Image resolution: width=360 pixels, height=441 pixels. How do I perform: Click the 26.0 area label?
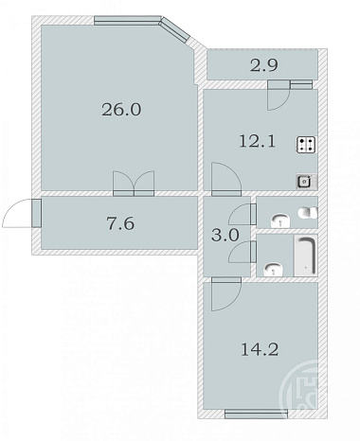coord(121,110)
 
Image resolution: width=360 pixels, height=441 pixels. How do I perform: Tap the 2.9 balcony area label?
coord(264,65)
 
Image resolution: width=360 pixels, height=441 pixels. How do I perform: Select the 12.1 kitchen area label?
coord(258,141)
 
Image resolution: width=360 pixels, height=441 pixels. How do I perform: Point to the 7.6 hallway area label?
coord(120,223)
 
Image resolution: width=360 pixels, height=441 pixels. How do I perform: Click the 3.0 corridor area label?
coord(225,236)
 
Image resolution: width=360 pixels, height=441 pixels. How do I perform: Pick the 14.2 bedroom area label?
coord(260,349)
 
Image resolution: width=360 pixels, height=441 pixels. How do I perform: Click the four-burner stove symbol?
coord(306,145)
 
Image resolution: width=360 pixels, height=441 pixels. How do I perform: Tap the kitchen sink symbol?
coord(306,182)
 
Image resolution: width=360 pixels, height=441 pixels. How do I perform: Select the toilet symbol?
coord(308,213)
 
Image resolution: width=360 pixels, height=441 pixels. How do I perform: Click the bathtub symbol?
coord(306,256)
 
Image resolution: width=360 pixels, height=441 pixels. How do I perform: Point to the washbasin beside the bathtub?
coord(274,270)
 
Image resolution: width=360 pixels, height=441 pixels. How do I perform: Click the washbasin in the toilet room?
coord(280,220)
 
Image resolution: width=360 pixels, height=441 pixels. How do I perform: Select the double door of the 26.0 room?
coord(134,184)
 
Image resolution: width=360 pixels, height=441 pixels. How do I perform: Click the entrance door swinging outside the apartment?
coord(22,213)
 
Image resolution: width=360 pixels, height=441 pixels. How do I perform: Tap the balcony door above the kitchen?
coord(279,95)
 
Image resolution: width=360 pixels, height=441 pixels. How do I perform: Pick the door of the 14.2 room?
coord(226,293)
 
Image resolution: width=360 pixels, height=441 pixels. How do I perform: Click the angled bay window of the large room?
coord(175,29)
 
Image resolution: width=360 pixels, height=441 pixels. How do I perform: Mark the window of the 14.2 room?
coord(256,414)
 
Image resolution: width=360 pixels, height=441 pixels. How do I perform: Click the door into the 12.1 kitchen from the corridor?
coord(226,179)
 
